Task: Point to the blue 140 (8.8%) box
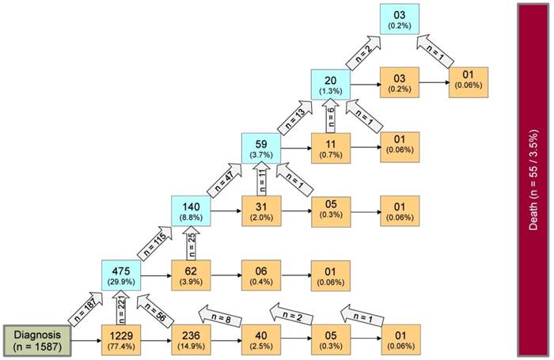tap(191, 212)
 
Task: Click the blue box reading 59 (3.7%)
tap(260, 148)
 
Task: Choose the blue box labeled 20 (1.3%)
tap(330, 85)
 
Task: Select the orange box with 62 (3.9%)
tap(191, 275)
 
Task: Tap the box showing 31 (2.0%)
tap(260, 212)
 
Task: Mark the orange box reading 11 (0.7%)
tap(330, 148)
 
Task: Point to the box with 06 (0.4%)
tap(260, 275)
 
